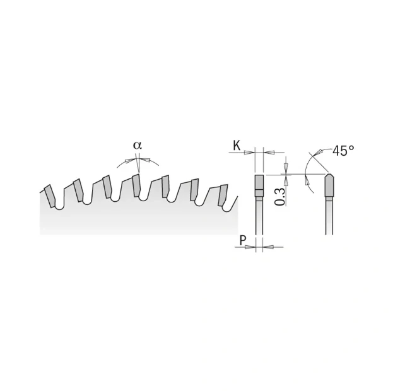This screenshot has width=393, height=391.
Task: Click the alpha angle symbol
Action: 138,145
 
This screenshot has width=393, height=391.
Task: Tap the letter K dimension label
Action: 237,146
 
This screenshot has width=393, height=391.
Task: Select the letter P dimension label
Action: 243,240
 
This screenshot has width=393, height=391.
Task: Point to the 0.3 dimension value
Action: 280,197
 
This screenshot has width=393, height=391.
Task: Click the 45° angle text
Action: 343,151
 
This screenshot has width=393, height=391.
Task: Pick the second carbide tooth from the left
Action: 78,190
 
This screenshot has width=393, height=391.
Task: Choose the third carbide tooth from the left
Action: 107,187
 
